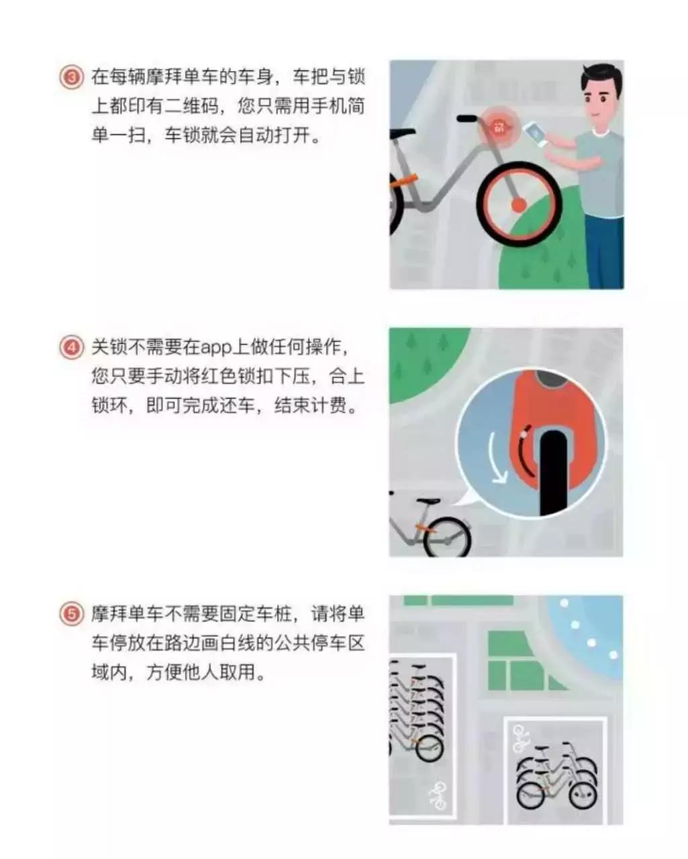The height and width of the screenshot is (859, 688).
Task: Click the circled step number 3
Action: tap(71, 78)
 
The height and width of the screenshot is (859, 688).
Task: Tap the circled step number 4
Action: tap(71, 348)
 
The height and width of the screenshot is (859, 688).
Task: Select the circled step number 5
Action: tap(71, 614)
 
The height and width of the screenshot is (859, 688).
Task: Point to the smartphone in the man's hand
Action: tap(535, 132)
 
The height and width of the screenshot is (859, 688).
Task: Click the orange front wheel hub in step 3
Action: tap(518, 204)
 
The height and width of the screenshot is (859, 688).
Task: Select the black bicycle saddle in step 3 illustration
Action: tap(469, 119)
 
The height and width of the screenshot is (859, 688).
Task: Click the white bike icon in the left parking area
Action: tap(438, 795)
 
